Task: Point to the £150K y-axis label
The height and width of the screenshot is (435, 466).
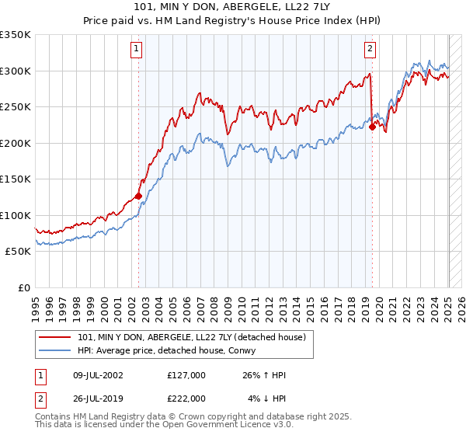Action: [x=15, y=179]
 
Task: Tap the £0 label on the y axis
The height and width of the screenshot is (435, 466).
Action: [x=23, y=288]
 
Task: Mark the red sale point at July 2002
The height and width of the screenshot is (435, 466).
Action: [x=139, y=196]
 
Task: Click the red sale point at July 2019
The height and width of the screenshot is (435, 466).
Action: [x=372, y=127]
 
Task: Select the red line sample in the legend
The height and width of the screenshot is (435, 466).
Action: [x=55, y=336]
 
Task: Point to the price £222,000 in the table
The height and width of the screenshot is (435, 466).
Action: [x=186, y=398]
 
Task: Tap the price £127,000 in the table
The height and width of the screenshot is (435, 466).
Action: [x=186, y=376]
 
